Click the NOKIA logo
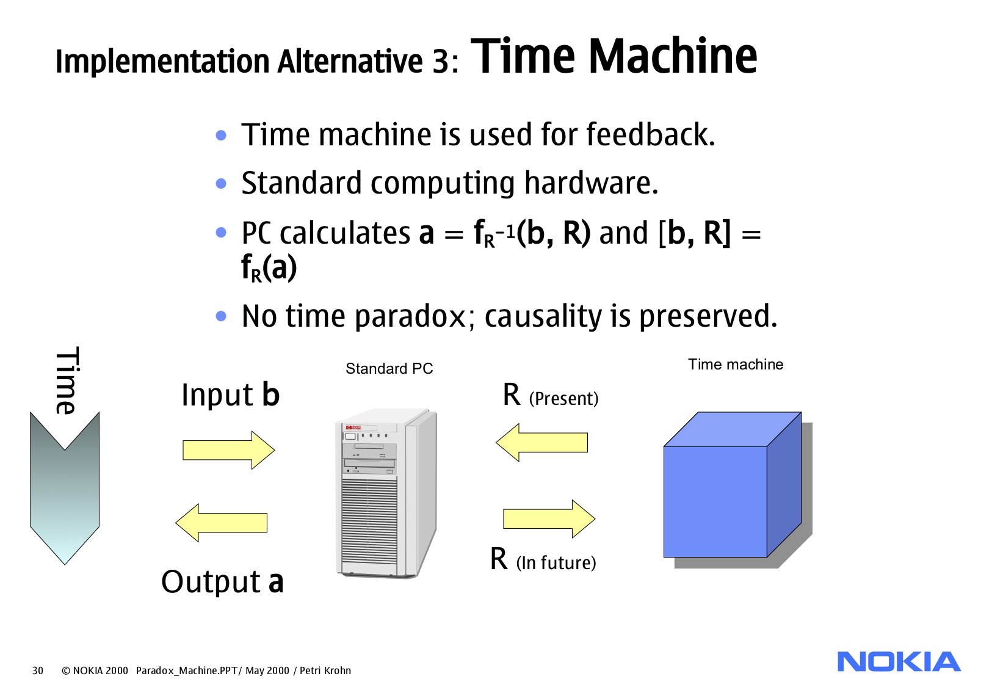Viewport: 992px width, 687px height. tap(899, 662)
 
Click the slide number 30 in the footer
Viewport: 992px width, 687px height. tap(38, 671)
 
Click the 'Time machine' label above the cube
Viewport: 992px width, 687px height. tap(735, 365)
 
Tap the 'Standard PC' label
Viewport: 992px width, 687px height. tap(389, 369)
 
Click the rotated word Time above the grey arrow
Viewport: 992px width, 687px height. tap(66, 380)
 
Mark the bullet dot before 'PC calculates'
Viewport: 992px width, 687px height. tap(221, 233)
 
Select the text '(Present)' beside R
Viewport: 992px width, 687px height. tap(563, 399)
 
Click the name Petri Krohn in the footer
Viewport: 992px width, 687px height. tap(325, 671)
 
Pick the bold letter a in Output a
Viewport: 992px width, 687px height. tap(276, 581)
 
